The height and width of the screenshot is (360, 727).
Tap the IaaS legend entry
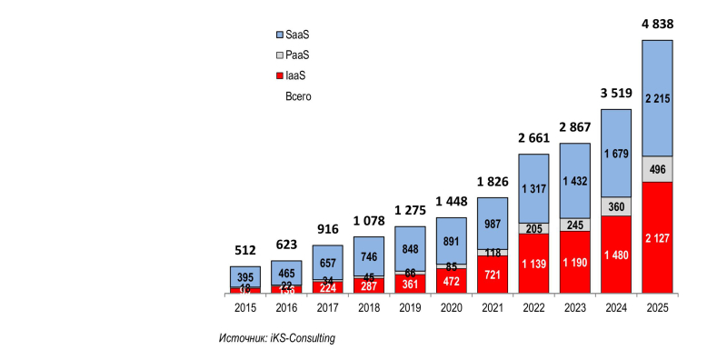[292, 75]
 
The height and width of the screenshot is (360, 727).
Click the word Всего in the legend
[299, 95]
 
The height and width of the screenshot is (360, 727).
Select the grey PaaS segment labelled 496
[657, 169]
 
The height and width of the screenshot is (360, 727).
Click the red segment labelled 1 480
[616, 255]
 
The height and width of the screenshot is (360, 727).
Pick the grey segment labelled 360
[616, 206]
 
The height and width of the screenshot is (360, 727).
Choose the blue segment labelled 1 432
[574, 181]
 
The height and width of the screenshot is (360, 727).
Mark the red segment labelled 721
[492, 274]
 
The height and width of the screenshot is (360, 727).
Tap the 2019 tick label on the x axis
[410, 309]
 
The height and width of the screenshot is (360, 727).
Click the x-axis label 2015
[244, 309]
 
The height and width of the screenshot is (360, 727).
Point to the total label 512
[244, 250]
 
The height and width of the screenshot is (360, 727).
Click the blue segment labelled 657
[327, 262]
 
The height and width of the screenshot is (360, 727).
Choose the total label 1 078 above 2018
[368, 220]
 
